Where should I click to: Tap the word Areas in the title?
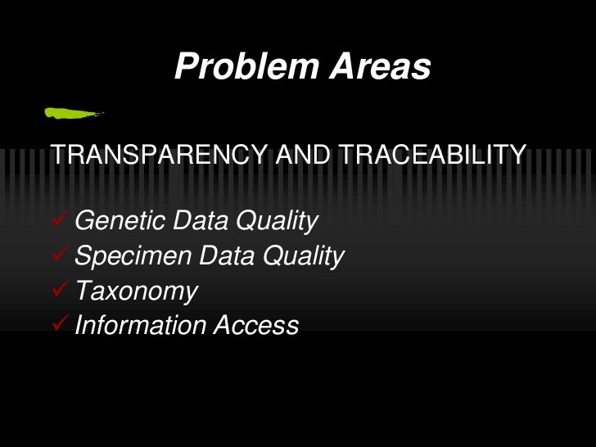click(380, 66)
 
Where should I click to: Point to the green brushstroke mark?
click(74, 112)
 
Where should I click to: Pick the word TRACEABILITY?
click(431, 154)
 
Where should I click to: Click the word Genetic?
click(119, 221)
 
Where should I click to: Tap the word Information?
click(140, 326)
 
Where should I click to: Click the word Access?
click(256, 326)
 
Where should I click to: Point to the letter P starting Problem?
click(186, 66)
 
